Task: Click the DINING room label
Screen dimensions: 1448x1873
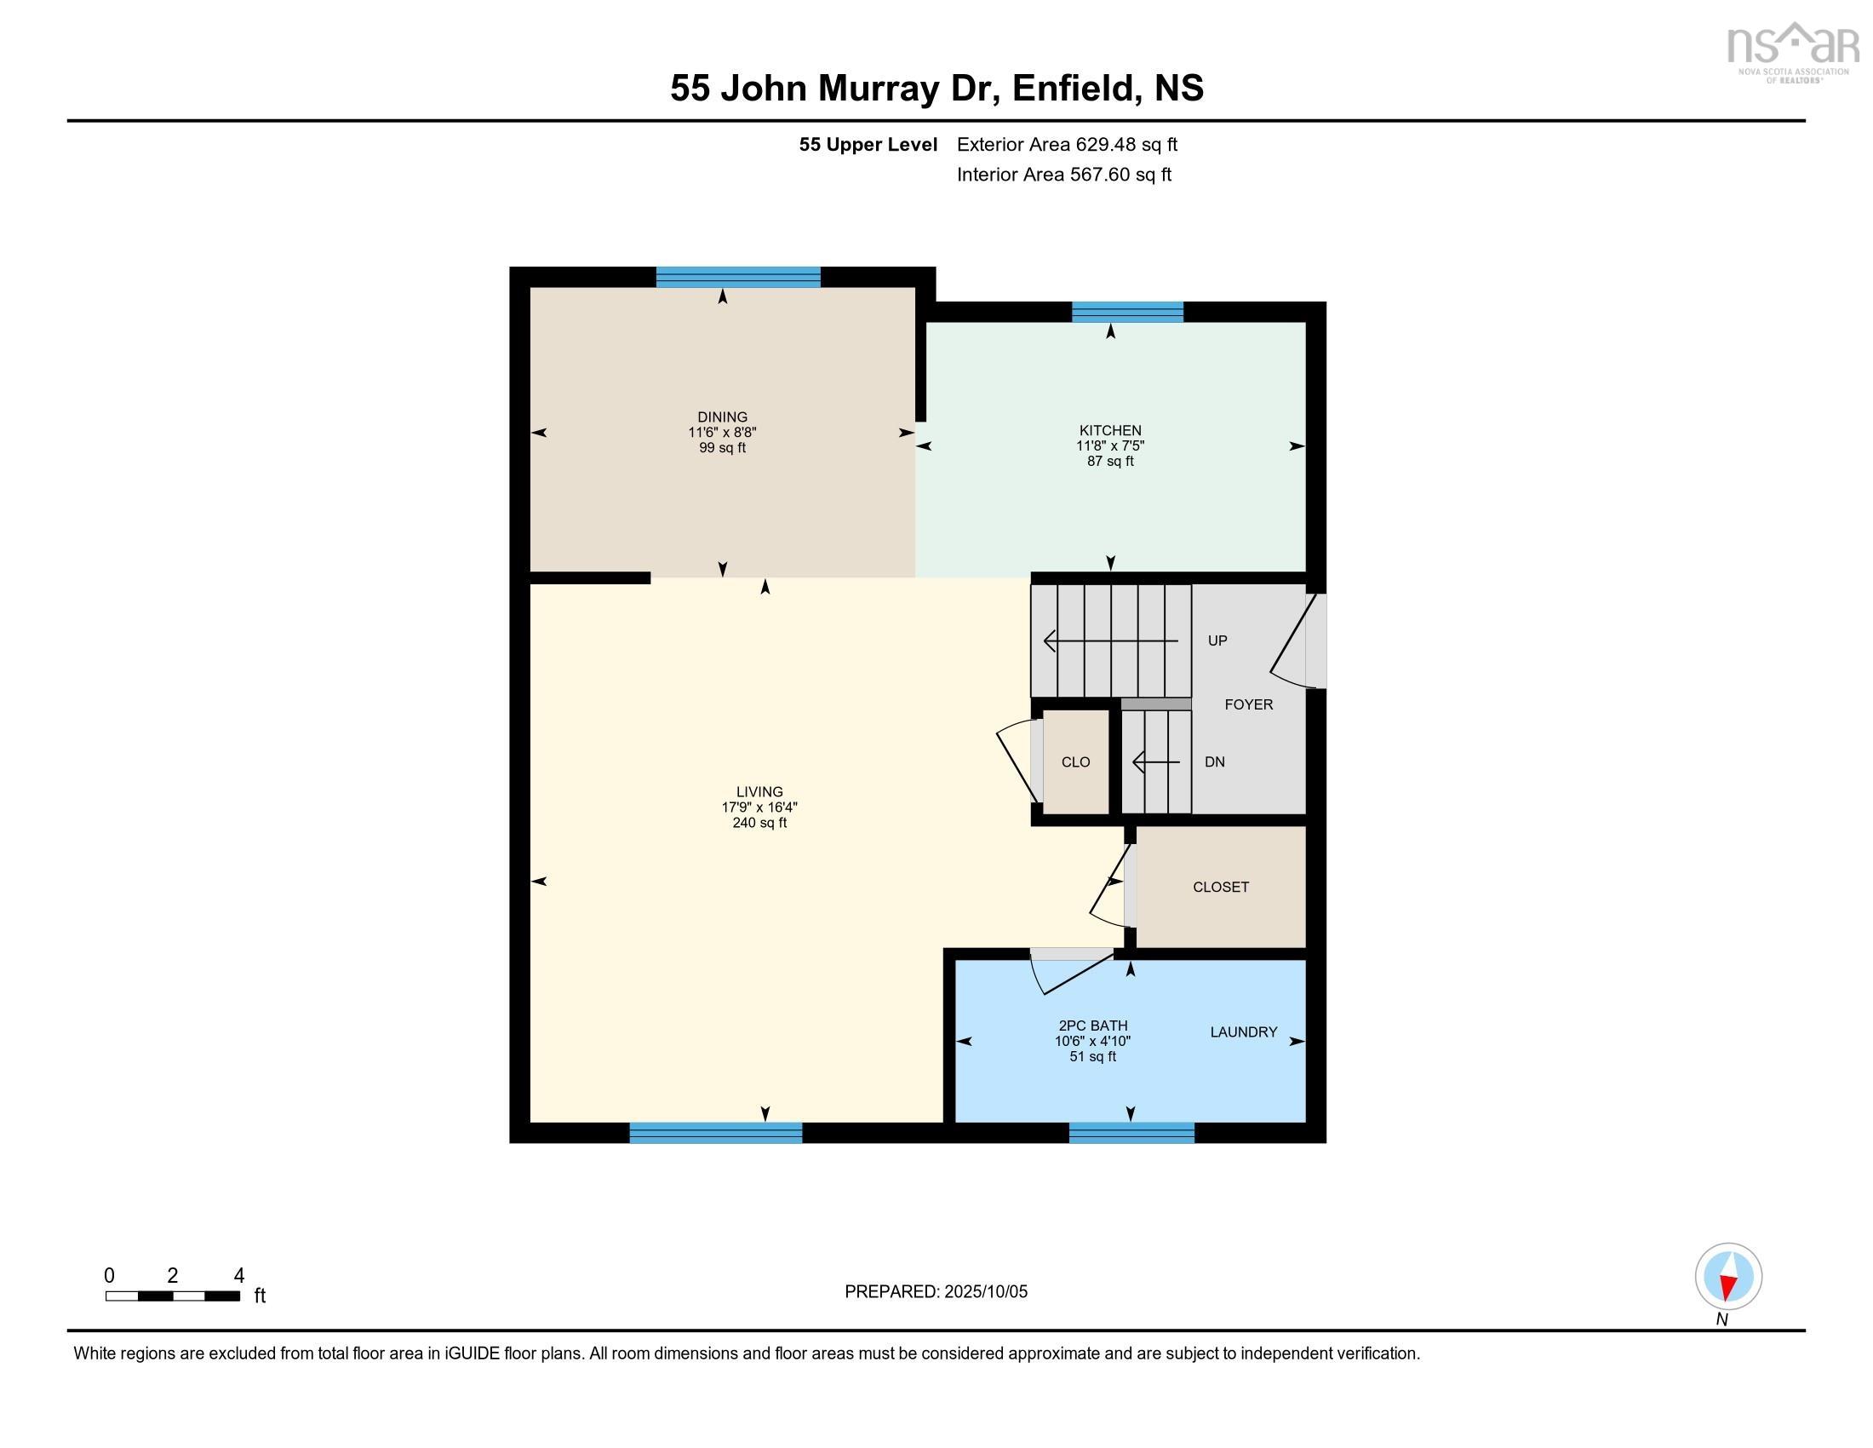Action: click(x=722, y=417)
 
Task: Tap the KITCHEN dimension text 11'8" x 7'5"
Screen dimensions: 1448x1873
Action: click(x=1109, y=446)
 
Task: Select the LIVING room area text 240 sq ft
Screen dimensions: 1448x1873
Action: click(x=759, y=823)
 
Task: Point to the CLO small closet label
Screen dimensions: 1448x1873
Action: click(x=1075, y=761)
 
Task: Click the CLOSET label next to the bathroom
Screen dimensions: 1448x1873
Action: click(x=1220, y=887)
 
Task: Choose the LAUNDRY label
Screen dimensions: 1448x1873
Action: click(x=1244, y=1032)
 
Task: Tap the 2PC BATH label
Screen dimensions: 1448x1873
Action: click(x=1092, y=1025)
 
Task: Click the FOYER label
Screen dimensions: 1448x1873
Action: click(x=1248, y=704)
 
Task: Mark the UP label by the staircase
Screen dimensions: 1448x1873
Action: click(x=1217, y=641)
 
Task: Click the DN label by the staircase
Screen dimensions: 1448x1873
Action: click(x=1214, y=761)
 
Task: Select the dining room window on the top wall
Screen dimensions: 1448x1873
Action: click(x=737, y=277)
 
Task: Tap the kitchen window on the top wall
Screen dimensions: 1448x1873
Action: click(x=1127, y=313)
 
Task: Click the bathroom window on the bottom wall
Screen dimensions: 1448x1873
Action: click(x=1131, y=1132)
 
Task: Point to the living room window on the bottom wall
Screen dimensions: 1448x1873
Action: click(x=715, y=1132)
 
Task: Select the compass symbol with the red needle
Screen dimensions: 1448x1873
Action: click(x=1728, y=1276)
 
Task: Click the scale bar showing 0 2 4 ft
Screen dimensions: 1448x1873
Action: click(x=172, y=1296)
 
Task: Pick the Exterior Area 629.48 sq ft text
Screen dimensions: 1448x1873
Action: click(x=1067, y=144)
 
